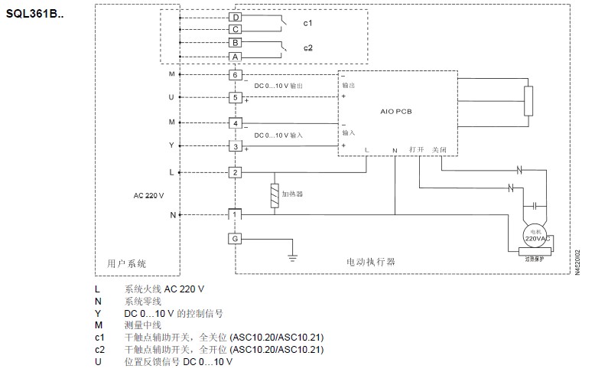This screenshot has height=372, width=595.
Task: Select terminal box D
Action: pyautogui.click(x=236, y=17)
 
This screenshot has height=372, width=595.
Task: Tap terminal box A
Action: pyautogui.click(x=236, y=57)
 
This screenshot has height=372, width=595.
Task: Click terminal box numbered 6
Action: pyautogui.click(x=236, y=74)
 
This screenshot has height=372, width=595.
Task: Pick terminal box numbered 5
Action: pyautogui.click(x=236, y=97)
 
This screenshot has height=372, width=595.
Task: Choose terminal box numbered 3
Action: pyautogui.click(x=236, y=146)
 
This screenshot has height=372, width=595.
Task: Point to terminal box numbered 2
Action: pyautogui.click(x=236, y=171)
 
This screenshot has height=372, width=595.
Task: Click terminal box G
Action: pyautogui.click(x=236, y=239)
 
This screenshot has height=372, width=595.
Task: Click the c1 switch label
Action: pyautogui.click(x=307, y=23)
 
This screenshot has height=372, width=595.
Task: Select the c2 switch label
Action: pyautogui.click(x=307, y=47)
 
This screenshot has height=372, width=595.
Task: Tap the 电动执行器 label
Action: pyautogui.click(x=370, y=263)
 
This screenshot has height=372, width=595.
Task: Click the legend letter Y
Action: pyautogui.click(x=97, y=313)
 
